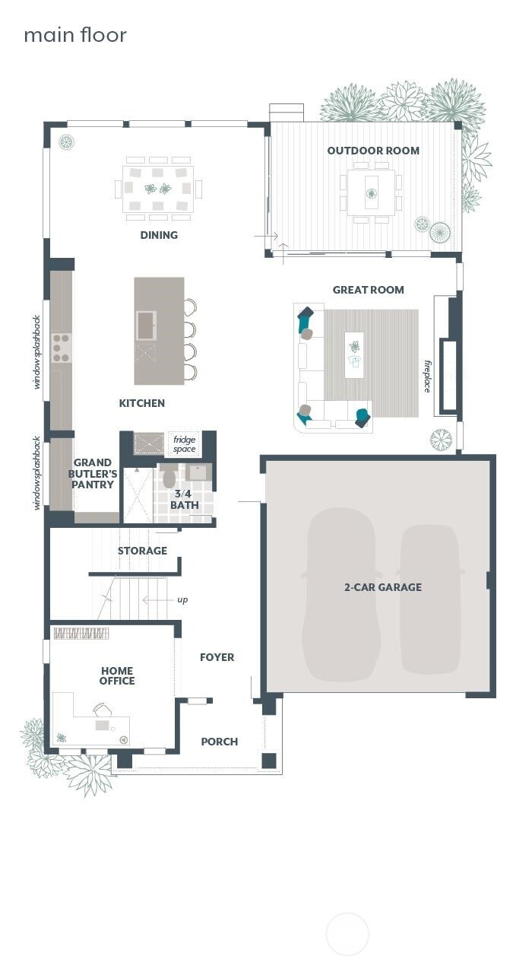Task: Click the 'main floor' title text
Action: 75,35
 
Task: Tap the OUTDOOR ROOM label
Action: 373,151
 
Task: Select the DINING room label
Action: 159,235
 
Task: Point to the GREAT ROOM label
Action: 368,290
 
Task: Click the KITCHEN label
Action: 141,403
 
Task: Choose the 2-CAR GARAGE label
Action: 383,587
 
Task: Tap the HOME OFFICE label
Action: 117,675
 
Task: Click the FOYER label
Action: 217,657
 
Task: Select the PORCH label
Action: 219,742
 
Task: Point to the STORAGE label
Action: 142,551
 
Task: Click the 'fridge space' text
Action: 184,444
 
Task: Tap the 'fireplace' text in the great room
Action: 427,377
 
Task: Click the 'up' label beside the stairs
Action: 182,600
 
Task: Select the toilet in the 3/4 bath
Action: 169,477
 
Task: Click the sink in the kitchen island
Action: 146,326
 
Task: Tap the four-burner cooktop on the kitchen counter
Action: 61,347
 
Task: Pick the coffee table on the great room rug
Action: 354,354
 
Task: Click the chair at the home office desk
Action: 103,710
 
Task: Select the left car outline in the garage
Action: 341,593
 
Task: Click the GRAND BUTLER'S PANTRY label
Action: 93,474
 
